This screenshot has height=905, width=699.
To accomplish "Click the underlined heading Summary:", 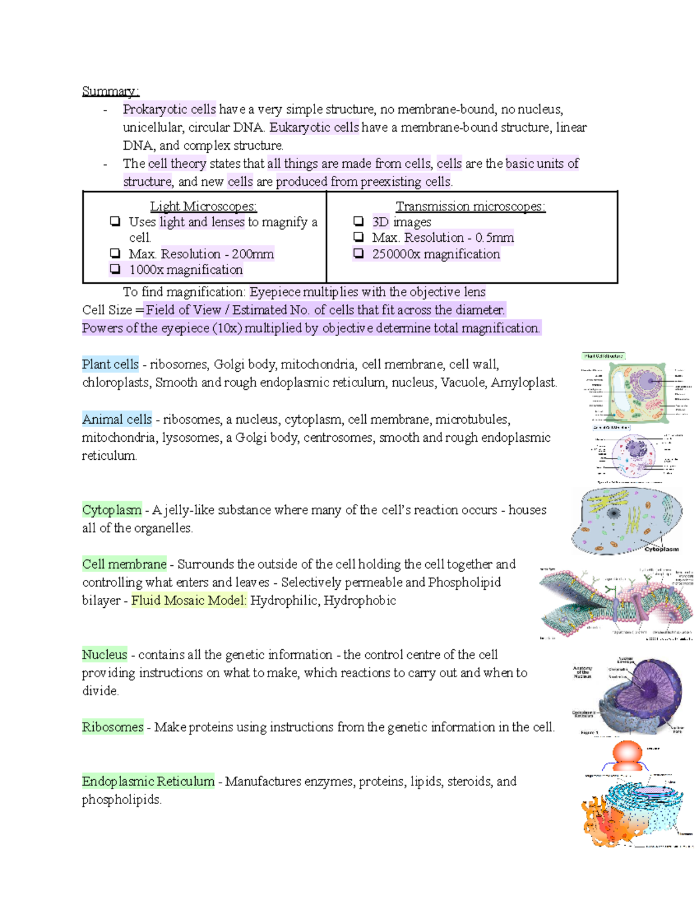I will click(x=110, y=91).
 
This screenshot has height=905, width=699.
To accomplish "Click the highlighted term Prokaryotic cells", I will click(x=169, y=110).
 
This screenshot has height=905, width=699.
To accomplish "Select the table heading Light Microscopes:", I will click(x=203, y=206).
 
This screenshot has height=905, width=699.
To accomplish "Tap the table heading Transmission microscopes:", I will click(x=470, y=206).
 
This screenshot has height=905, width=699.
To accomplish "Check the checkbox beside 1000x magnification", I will click(x=115, y=269).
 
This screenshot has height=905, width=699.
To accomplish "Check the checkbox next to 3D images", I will click(x=359, y=221).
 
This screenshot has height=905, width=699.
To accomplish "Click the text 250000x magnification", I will click(x=436, y=254).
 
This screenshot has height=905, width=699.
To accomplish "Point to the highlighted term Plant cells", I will click(x=110, y=364).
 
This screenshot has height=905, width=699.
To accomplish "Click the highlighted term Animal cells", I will click(x=116, y=419).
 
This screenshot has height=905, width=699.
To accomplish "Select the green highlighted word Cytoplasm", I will click(x=112, y=510).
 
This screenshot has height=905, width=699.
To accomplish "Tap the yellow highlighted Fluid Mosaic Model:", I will click(x=189, y=600).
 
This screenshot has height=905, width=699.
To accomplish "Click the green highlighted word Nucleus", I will click(x=104, y=654).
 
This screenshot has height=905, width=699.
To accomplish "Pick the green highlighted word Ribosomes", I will click(x=112, y=727).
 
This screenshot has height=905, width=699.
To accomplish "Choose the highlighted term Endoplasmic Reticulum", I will click(x=148, y=781).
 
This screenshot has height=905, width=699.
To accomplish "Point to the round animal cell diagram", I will click(x=634, y=455).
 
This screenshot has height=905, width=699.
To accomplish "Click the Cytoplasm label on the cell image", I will click(x=661, y=549).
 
